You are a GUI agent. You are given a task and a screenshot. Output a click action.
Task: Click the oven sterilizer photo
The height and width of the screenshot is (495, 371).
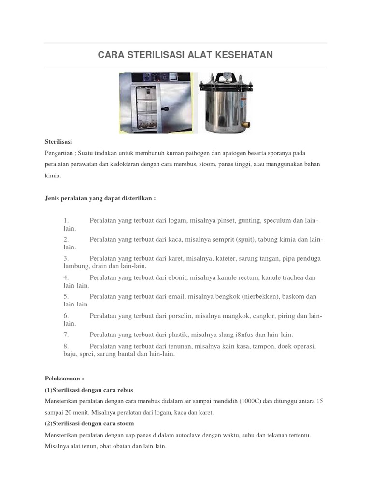158,102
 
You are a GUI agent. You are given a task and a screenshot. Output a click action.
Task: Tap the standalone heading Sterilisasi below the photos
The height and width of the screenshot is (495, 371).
58,141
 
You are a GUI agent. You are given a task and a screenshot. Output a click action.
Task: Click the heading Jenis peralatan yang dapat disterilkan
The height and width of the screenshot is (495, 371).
100,199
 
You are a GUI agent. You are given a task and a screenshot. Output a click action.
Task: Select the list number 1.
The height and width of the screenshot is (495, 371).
66,221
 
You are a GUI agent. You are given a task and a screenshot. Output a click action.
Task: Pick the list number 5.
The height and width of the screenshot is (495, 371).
66,296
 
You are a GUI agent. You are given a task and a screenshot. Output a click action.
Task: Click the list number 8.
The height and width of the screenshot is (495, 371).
66,347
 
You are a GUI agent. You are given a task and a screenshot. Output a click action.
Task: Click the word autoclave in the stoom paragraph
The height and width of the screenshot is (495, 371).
167,435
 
